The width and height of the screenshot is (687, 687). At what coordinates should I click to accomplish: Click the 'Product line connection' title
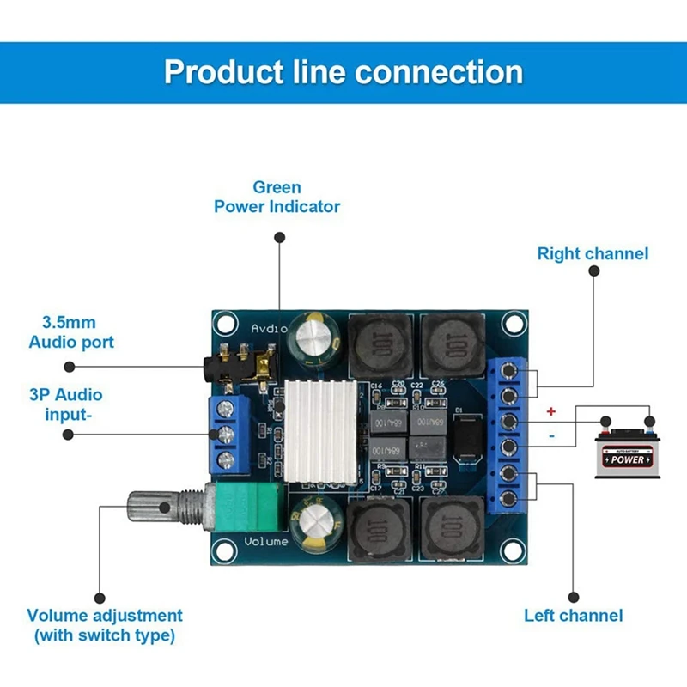[343, 71]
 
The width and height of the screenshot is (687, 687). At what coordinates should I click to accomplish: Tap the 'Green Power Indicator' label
[277, 197]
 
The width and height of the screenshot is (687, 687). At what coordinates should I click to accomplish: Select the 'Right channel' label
[593, 253]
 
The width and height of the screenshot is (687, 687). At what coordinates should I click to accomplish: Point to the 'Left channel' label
[574, 615]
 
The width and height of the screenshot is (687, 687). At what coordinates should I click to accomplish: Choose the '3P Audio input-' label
[66, 404]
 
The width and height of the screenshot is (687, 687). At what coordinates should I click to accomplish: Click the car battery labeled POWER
[626, 453]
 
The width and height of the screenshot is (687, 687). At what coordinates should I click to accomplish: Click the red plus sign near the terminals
[551, 412]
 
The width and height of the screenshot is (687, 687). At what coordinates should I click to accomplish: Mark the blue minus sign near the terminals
[551, 437]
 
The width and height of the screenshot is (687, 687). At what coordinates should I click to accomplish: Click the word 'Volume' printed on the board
[266, 541]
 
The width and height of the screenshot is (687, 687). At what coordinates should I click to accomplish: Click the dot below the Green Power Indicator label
[278, 237]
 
